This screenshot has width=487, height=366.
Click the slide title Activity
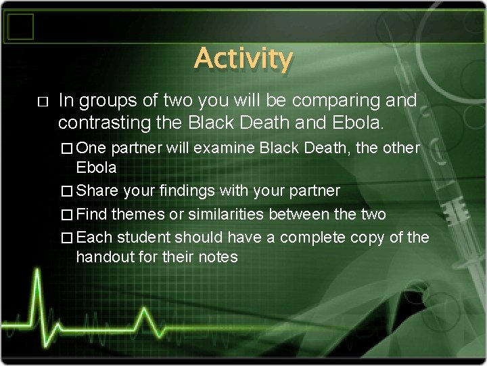click(x=243, y=60)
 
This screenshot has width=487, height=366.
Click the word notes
click(x=218, y=258)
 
